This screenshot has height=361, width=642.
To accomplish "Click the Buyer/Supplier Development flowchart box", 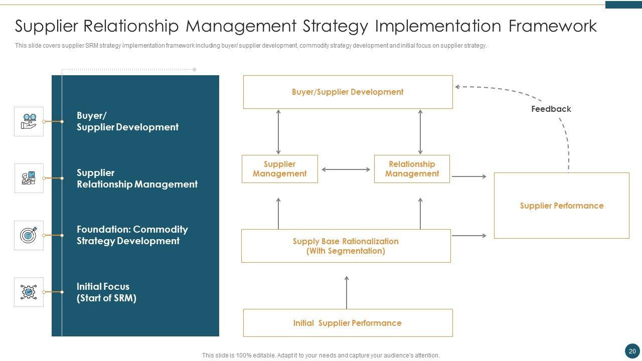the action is tap(348, 92).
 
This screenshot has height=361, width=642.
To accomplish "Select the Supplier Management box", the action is tap(280, 169).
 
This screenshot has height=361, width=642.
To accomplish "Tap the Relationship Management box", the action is tap(412, 169).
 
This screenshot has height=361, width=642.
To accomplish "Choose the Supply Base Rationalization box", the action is tap(346, 246).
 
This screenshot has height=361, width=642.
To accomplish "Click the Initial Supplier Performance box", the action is tap(348, 323).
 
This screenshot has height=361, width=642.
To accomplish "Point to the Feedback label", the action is tap(551, 109).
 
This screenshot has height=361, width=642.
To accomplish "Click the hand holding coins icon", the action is tap(29, 121).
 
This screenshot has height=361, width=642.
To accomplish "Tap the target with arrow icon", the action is tap(29, 235).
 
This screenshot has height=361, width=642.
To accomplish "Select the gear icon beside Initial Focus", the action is tap(29, 292).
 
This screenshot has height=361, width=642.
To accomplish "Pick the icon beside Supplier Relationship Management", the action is tap(29, 178).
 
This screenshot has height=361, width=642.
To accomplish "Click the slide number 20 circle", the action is tap(632, 351).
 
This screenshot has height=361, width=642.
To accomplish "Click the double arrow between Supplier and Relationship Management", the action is tap(346, 169).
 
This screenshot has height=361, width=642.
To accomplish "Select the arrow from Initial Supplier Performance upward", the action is tap(347, 292).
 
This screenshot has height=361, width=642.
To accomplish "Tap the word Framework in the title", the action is tap(553, 26).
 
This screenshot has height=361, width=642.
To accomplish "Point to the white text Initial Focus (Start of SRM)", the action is tap(106, 292).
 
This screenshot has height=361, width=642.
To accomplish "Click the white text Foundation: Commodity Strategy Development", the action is tap(132, 235).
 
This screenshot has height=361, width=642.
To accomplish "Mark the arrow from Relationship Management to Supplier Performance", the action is tap(469, 176).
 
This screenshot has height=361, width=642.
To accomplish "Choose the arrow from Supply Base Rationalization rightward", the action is tap(469, 236).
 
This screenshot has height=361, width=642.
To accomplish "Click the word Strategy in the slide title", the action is tap(336, 27).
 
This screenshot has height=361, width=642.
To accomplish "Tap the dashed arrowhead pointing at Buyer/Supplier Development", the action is tap(457, 87).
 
